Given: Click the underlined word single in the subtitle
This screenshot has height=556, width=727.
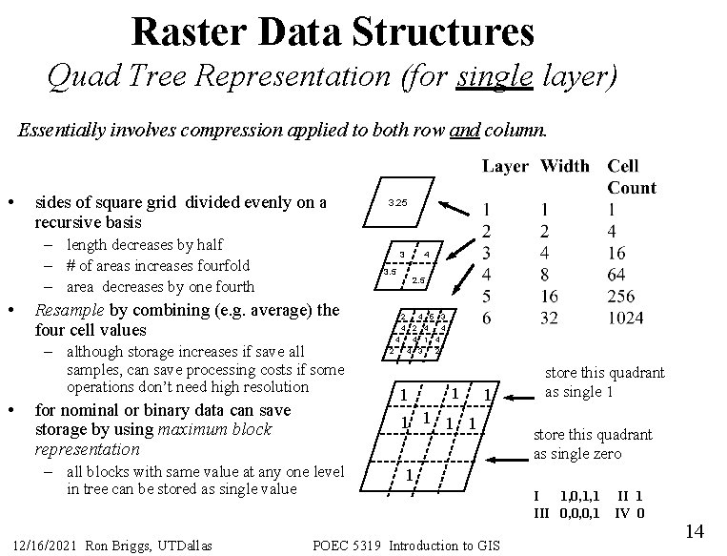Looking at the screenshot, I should [494, 75].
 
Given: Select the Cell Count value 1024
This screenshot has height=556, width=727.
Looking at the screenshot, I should [632, 317].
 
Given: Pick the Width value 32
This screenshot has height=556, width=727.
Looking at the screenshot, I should [549, 317].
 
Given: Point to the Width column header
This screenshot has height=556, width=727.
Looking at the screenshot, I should [564, 166].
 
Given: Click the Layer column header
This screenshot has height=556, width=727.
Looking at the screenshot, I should [505, 166].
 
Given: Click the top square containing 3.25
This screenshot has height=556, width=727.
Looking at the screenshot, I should [397, 204].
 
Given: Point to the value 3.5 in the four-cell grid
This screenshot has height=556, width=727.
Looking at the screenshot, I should [389, 272].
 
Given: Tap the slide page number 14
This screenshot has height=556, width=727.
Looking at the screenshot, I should [694, 530].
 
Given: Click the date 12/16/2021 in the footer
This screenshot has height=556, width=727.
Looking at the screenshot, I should [43, 546].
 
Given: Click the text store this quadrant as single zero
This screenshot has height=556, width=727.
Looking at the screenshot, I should [592, 443].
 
